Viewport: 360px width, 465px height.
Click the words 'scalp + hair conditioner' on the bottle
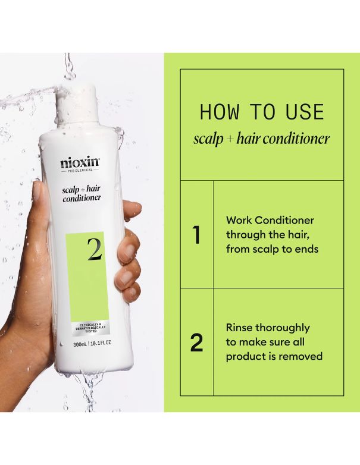tap(82, 194)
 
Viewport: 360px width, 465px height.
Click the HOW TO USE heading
tap(262, 112)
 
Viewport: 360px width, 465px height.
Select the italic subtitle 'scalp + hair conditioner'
tap(262, 139)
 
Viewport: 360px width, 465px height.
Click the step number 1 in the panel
tap(196, 235)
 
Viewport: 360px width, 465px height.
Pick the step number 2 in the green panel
tap(196, 343)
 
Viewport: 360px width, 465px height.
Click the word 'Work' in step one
tap(239, 221)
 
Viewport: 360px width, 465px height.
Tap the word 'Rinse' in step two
tap(239, 328)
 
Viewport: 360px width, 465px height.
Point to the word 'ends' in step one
tap(305, 249)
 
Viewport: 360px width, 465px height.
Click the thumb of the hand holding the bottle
tap(43, 202)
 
